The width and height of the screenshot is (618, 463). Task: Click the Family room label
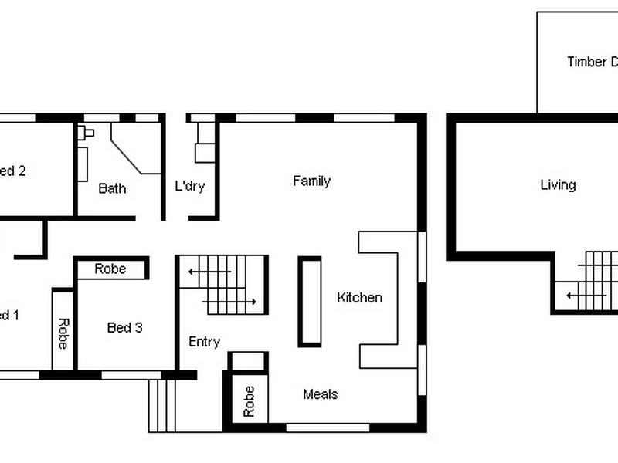pos(311,181)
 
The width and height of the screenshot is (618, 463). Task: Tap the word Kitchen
pos(359,298)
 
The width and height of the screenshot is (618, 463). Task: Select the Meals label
pos(320,394)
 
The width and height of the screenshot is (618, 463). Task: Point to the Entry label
pos(204,342)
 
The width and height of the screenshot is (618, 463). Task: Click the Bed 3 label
pos(124,328)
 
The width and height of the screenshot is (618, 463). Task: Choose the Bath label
pos(112,188)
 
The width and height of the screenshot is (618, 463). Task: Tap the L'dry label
pos(190,187)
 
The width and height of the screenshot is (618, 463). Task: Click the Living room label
pos(558,185)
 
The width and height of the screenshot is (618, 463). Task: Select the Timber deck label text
pos(591,63)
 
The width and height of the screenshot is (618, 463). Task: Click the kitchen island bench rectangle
pos(310,302)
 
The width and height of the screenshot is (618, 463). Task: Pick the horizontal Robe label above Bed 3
pos(111,269)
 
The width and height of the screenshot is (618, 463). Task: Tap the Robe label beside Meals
pos(248,401)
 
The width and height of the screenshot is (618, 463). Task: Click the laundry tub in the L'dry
pos(204,150)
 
